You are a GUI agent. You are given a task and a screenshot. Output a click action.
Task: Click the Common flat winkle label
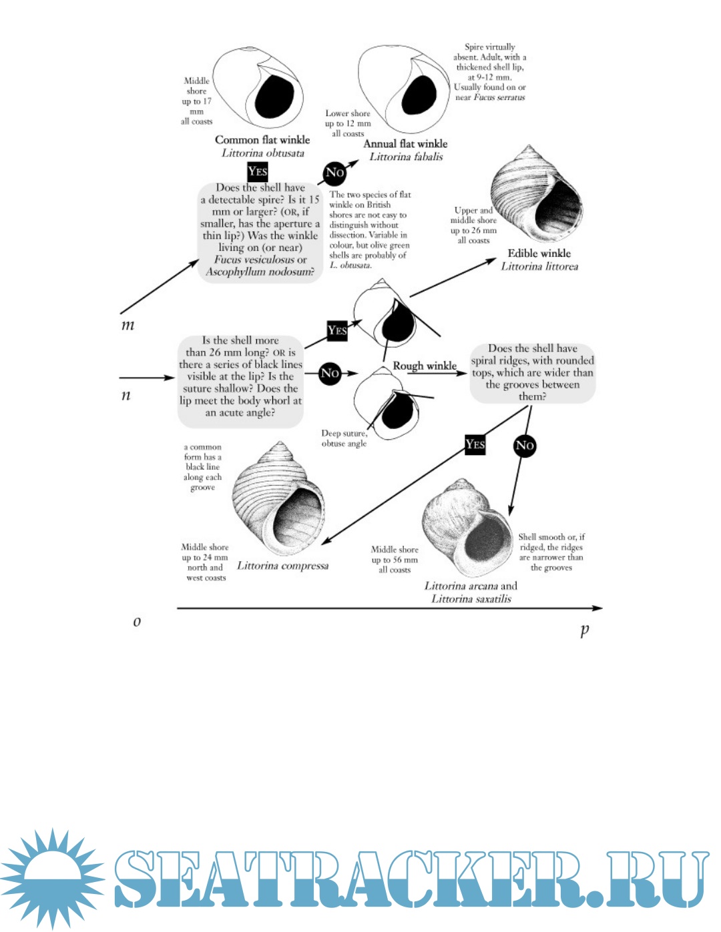(262, 139)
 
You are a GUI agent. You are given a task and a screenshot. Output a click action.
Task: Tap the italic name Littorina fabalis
(406, 157)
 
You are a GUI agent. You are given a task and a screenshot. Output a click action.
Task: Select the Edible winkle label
(539, 253)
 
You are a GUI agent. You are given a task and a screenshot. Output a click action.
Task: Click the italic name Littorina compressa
(283, 566)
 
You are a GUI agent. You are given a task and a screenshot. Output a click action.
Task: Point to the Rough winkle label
(425, 366)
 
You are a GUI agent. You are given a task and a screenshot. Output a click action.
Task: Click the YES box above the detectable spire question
(257, 171)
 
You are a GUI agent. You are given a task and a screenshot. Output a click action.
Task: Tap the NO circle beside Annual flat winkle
(334, 173)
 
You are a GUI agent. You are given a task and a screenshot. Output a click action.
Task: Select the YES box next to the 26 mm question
(337, 330)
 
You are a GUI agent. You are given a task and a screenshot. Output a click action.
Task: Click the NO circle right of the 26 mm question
(330, 373)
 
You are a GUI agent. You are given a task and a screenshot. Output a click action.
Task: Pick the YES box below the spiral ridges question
(475, 444)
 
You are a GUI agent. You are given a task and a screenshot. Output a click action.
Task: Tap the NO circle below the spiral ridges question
(525, 446)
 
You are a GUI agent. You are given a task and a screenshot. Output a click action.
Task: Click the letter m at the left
(128, 326)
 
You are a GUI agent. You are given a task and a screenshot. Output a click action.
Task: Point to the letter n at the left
(126, 395)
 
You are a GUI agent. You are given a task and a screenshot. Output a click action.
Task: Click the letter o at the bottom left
(137, 622)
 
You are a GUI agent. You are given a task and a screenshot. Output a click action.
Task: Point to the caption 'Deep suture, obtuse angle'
(344, 438)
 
